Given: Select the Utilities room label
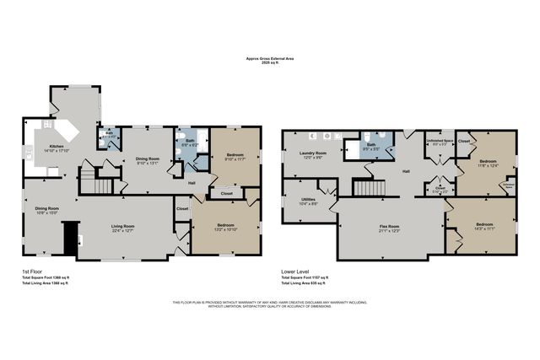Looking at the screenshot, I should pyautogui.click(x=308, y=201).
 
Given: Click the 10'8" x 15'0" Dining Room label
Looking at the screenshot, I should pyautogui.click(x=46, y=211).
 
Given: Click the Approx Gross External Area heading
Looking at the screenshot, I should pyautogui.click(x=270, y=59).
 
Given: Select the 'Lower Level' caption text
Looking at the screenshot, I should pyautogui.click(x=294, y=271).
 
